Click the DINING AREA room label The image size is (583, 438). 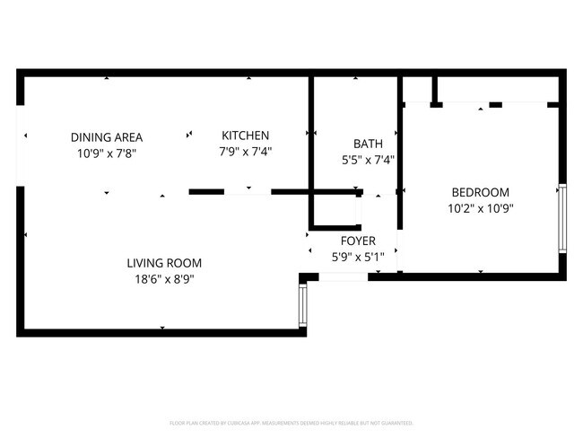pyautogui.click(x=107, y=137)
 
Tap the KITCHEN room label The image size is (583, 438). pyautogui.click(x=246, y=136)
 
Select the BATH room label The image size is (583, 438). pyautogui.click(x=368, y=144)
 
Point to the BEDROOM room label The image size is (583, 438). pyautogui.click(x=480, y=192)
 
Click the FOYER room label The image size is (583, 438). pyautogui.click(x=357, y=241)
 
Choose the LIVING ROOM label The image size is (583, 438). pyautogui.click(x=163, y=263)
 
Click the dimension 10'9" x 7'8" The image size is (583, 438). pyautogui.click(x=107, y=153)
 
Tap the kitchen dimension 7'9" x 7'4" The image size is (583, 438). pyautogui.click(x=246, y=152)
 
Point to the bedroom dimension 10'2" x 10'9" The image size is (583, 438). pyautogui.click(x=480, y=208)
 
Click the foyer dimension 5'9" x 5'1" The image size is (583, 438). pyautogui.click(x=357, y=258)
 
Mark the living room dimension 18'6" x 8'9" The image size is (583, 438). pyautogui.click(x=163, y=279)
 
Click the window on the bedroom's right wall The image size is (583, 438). pyautogui.click(x=562, y=218)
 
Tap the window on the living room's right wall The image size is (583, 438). pyautogui.click(x=303, y=306)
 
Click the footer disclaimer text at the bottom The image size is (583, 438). pyautogui.click(x=291, y=422)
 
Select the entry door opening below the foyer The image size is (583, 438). pyautogui.click(x=343, y=276)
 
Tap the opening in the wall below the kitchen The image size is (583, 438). pyautogui.click(x=248, y=191)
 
